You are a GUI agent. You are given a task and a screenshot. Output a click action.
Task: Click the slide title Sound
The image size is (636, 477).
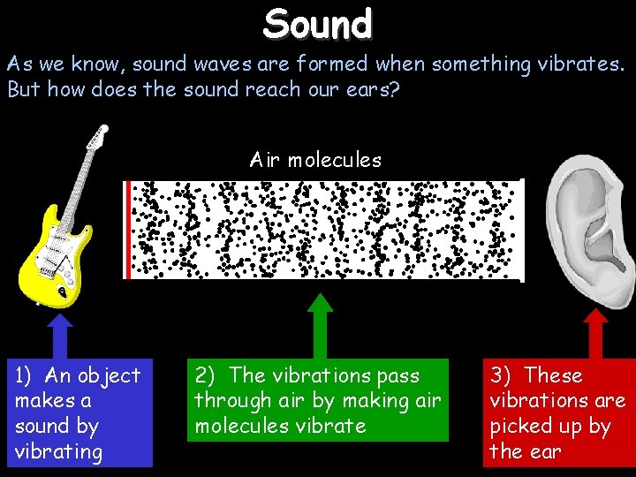click(318, 23)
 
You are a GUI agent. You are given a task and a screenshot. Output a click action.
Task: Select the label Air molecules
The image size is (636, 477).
click(315, 160)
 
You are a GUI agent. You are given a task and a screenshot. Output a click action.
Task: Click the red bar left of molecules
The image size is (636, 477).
click(128, 230)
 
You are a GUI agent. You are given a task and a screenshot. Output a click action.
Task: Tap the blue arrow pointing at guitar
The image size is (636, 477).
click(60, 331)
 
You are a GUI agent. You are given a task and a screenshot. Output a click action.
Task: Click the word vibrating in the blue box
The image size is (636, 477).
click(58, 451)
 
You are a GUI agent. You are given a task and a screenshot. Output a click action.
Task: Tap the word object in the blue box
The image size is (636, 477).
click(105, 375)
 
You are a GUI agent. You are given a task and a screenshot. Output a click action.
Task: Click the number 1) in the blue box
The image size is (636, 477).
click(26, 375)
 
